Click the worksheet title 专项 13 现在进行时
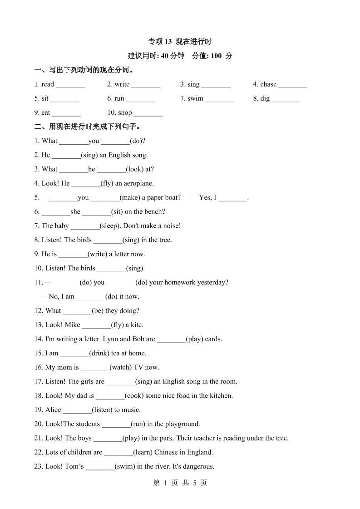click(180, 42)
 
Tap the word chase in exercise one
click(268, 84)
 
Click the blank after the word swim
click(219, 98)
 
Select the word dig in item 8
click(265, 98)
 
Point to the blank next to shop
click(148, 113)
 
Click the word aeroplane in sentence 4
click(138, 183)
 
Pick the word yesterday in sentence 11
click(212, 282)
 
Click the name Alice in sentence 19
click(53, 410)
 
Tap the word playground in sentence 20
click(182, 424)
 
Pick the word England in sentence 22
click(200, 452)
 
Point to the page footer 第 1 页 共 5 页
click(180, 483)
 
